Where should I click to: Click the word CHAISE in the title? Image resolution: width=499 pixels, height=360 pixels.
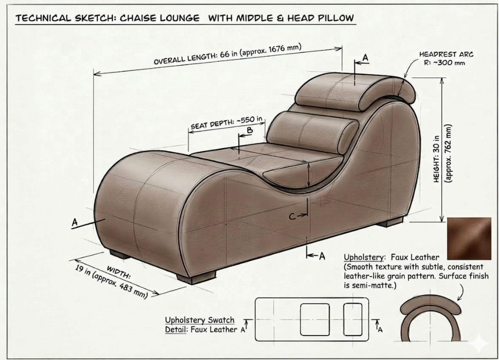pyautogui.click(x=137, y=18)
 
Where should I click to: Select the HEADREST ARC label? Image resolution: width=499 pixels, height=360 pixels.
pyautogui.click(x=446, y=55)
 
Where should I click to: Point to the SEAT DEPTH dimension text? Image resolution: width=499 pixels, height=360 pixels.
pyautogui.click(x=227, y=123)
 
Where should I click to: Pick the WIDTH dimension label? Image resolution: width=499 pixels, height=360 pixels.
pyautogui.click(x=119, y=272)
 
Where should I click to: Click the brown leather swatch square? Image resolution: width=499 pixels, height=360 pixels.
pyautogui.click(x=469, y=238)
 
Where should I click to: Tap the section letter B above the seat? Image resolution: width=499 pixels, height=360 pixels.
pyautogui.click(x=250, y=130)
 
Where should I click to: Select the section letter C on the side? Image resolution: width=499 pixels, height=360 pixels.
pyautogui.click(x=292, y=216)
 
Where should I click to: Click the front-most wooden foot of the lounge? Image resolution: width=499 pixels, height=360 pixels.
pyautogui.click(x=196, y=277)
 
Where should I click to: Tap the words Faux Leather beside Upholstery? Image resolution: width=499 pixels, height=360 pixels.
pyautogui.click(x=415, y=257)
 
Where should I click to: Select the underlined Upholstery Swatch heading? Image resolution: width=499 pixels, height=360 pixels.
pyautogui.click(x=200, y=320)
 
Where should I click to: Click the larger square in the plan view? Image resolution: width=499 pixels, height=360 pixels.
pyautogui.click(x=315, y=320)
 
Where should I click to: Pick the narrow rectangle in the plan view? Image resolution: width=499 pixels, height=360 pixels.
pyautogui.click(x=353, y=320)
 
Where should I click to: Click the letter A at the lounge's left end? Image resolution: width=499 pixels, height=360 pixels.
pyautogui.click(x=75, y=222)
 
